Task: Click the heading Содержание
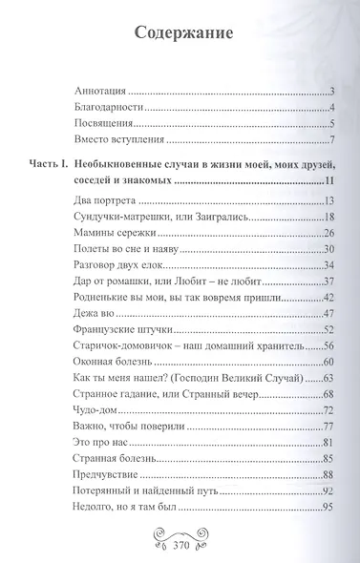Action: [x=179, y=35]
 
